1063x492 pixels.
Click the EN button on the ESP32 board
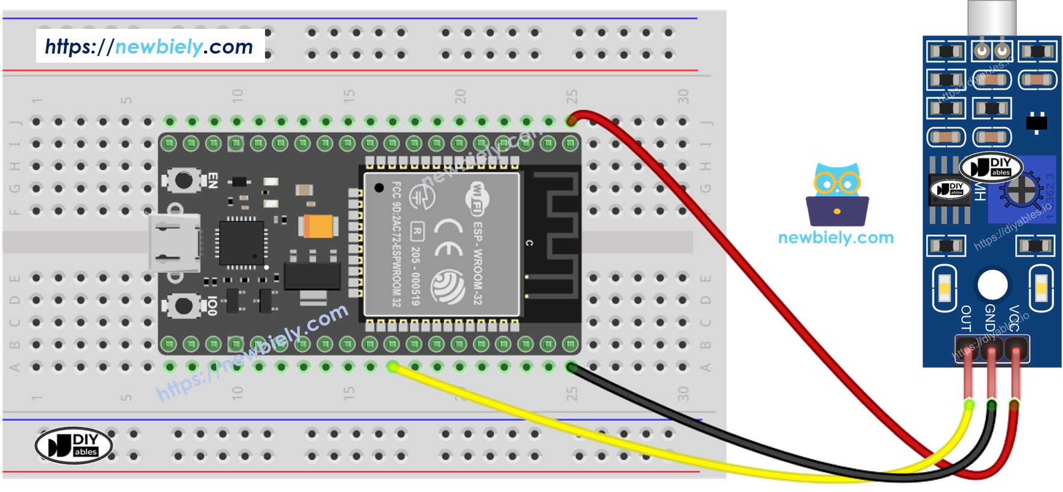pyautogui.click(x=183, y=179)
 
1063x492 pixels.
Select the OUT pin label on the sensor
pyautogui.click(x=965, y=319)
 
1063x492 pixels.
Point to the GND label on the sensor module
pyautogui.click(x=990, y=317)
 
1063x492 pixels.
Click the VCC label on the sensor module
pyautogui.click(x=1014, y=318)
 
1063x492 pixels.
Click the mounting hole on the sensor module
pyautogui.click(x=993, y=285)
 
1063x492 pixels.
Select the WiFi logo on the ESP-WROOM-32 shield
pyautogui.click(x=476, y=199)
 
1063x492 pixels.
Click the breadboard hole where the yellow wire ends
pyautogui.click(x=393, y=367)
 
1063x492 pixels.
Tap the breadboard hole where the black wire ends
pyautogui.click(x=571, y=367)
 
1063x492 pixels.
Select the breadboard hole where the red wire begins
pyautogui.click(x=571, y=121)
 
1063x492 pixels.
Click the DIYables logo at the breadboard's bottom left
pyautogui.click(x=74, y=446)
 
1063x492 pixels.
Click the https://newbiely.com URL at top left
pyautogui.click(x=149, y=46)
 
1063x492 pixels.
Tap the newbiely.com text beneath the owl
pyautogui.click(x=835, y=237)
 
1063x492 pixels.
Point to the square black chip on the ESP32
pyautogui.click(x=242, y=243)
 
